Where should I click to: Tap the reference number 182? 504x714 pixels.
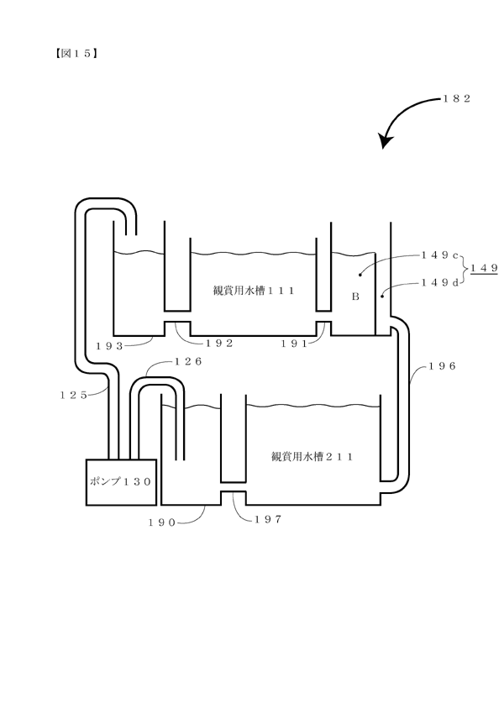(456, 98)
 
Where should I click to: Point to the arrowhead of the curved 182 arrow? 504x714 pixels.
(386, 141)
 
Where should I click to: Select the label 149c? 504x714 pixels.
(440, 255)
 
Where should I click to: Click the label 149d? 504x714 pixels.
(440, 283)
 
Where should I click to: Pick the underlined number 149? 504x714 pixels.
(484, 268)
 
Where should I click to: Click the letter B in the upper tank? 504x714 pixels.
(355, 297)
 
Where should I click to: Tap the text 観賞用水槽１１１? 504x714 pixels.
(254, 291)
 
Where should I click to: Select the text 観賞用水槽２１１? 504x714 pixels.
(312, 456)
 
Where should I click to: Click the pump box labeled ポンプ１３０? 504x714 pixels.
(121, 482)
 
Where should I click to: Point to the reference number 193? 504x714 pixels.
(109, 346)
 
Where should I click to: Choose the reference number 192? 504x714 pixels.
(220, 344)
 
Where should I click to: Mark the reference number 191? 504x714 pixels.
(294, 344)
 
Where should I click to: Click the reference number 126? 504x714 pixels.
(188, 361)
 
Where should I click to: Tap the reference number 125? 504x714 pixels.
(73, 396)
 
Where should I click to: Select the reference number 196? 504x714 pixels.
(442, 366)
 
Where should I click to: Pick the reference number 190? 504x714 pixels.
(162, 522)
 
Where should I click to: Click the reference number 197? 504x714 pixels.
(268, 519)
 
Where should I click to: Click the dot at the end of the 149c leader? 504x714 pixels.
(360, 275)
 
